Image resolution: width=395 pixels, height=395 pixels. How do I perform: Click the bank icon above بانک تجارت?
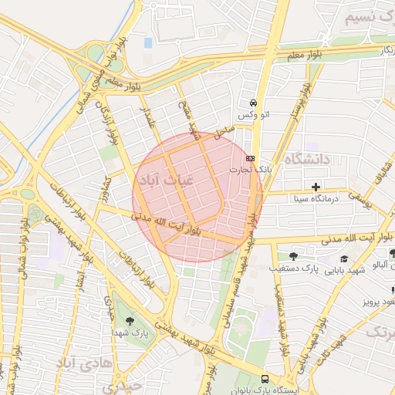click(249, 156)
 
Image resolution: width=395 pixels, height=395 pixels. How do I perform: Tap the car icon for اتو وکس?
click(252, 103)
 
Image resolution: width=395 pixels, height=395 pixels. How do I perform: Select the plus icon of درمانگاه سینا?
click(316, 187)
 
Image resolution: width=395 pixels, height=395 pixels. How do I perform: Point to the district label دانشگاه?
click(306, 159)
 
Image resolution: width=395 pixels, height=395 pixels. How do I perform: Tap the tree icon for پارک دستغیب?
click(292, 256)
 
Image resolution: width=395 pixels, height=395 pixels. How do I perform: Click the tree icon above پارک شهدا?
click(128, 320)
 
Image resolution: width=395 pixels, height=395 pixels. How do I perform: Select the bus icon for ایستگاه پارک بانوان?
click(265, 379)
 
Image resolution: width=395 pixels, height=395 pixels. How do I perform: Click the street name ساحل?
click(224, 131)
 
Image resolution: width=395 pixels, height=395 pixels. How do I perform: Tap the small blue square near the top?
click(148, 43)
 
